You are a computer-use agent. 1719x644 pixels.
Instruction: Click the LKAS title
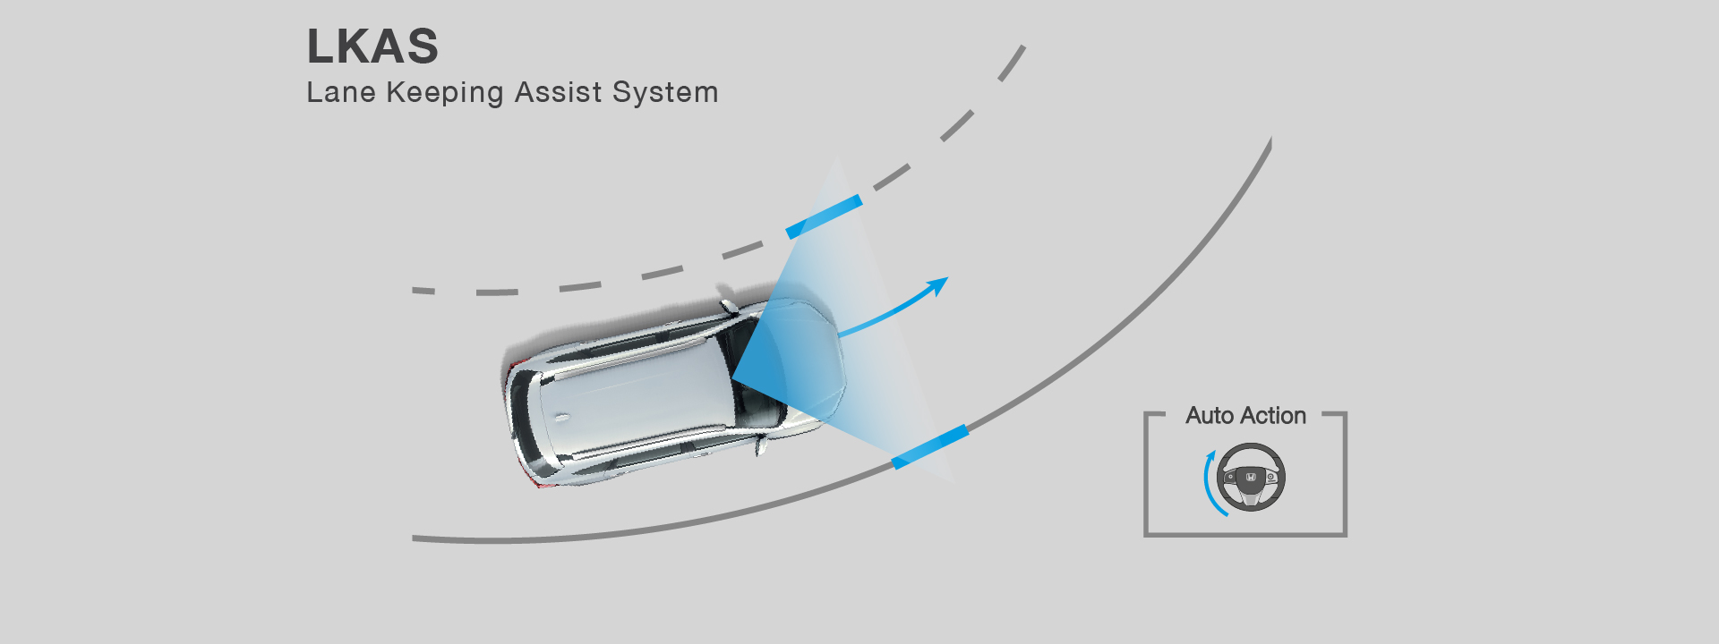[x=372, y=47]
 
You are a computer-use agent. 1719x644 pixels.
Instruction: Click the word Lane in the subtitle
[x=341, y=92]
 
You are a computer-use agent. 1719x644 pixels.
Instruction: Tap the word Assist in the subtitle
[x=559, y=92]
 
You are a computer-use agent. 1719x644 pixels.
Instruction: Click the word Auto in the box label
[x=1210, y=416]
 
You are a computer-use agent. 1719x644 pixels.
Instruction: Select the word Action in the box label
[x=1272, y=416]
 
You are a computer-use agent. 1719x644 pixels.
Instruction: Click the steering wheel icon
[x=1252, y=477]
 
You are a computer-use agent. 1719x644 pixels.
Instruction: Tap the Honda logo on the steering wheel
[x=1252, y=478]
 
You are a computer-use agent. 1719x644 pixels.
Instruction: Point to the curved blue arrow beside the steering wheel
[x=1205, y=483]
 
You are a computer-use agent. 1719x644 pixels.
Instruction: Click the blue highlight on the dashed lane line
[x=824, y=216]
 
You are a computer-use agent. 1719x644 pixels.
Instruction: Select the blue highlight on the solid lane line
[x=930, y=446]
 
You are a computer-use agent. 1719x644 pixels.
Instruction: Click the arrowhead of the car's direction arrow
[x=937, y=285]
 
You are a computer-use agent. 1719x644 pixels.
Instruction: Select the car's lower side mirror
[x=761, y=444]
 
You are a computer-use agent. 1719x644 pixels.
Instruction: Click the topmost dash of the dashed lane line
[x=1013, y=63]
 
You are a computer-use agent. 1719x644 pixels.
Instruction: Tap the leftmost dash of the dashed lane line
[x=423, y=291]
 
